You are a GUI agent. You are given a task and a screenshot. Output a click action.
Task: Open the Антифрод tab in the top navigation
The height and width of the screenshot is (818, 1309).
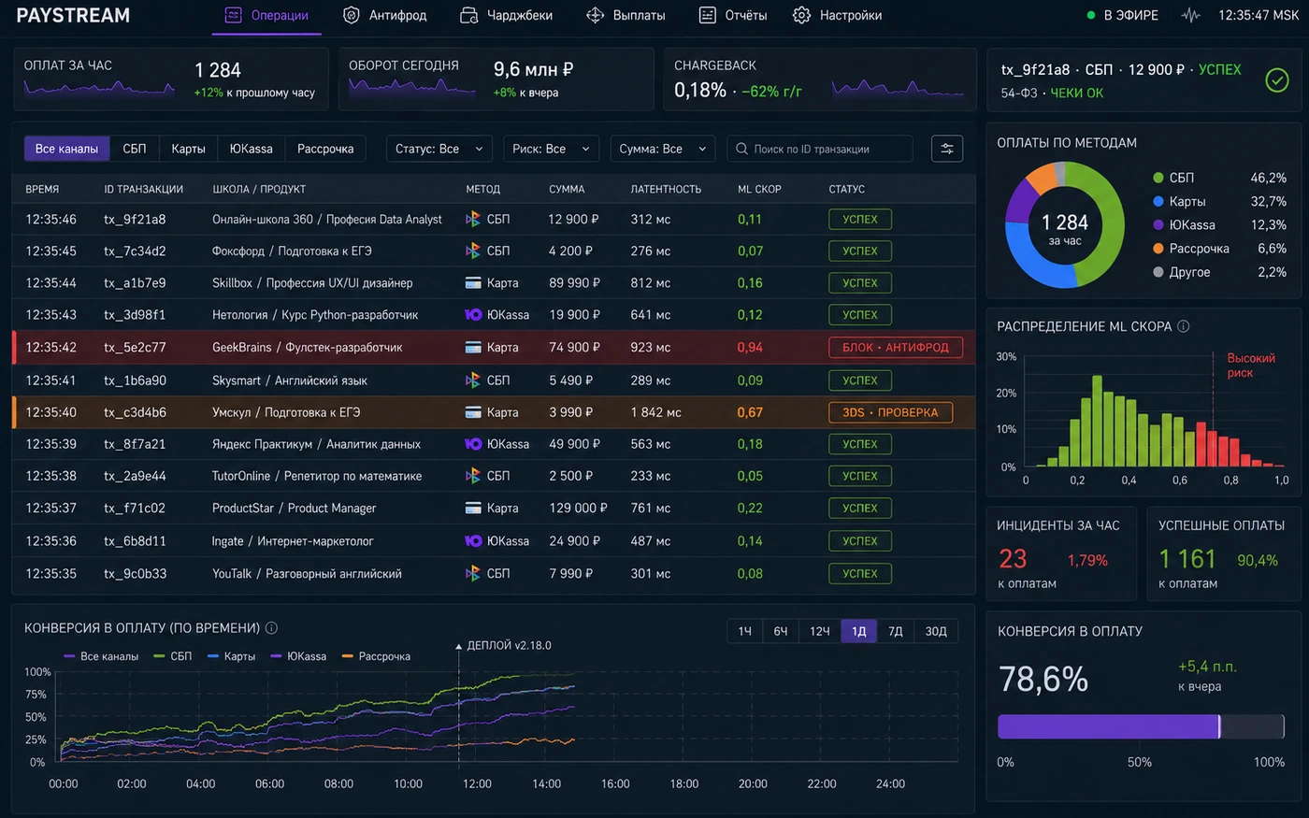pyautogui.click(x=384, y=15)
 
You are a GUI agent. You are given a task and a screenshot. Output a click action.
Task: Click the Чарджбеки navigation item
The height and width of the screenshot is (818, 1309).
pyautogui.click(x=506, y=15)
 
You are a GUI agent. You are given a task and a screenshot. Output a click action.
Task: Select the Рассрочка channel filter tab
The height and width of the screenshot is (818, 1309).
pyautogui.click(x=325, y=149)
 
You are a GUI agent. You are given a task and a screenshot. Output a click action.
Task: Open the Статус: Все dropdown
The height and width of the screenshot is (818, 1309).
pyautogui.click(x=439, y=149)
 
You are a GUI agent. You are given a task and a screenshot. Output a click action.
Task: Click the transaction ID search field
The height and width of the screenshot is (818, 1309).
pyautogui.click(x=819, y=149)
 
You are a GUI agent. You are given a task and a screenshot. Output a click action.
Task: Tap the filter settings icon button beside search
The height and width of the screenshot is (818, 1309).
pyautogui.click(x=946, y=149)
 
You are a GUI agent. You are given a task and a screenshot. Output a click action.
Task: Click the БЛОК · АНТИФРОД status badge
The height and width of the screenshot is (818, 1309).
pyautogui.click(x=896, y=348)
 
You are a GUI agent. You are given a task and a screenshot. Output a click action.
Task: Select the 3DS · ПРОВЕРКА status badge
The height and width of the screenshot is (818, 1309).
pyautogui.click(x=890, y=412)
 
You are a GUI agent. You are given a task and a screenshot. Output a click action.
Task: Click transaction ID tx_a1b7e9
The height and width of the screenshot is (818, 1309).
pyautogui.click(x=135, y=282)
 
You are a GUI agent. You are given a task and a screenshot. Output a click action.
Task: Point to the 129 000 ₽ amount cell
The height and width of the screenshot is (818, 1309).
pyautogui.click(x=578, y=509)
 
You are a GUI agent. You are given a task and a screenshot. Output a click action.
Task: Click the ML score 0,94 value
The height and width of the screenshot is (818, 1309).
pyautogui.click(x=750, y=348)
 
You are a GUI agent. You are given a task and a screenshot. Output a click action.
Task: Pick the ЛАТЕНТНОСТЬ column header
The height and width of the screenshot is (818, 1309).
pyautogui.click(x=666, y=189)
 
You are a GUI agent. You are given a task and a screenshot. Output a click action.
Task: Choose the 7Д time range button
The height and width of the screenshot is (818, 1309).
pyautogui.click(x=896, y=631)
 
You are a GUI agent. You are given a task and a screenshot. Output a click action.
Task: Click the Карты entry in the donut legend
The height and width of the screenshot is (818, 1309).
pyautogui.click(x=1187, y=202)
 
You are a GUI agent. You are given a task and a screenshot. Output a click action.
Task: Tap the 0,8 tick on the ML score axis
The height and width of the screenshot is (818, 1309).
pyautogui.click(x=1230, y=481)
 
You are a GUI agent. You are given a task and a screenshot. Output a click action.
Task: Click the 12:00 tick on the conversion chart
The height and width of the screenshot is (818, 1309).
pyautogui.click(x=477, y=783)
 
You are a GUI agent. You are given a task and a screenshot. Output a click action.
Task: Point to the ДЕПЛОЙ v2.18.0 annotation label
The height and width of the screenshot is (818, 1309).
pyautogui.click(x=509, y=646)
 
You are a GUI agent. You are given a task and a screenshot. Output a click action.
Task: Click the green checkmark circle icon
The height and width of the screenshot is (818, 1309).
pyautogui.click(x=1277, y=80)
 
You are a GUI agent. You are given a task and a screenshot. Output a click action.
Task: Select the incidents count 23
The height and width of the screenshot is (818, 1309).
pyautogui.click(x=1013, y=559)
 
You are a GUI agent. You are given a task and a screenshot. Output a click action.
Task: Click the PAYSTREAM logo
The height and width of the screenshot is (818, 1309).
pyautogui.click(x=73, y=15)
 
